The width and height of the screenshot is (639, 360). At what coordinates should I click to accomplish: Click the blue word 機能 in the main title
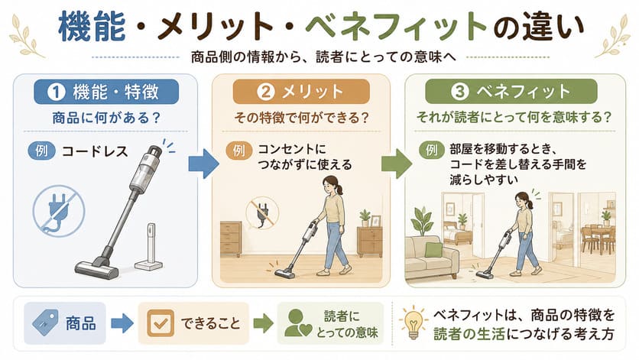click(x=92, y=27)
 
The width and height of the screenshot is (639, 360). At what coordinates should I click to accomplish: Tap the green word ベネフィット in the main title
click(x=396, y=27)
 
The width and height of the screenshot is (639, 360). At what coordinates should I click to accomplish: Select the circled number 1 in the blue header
click(x=57, y=92)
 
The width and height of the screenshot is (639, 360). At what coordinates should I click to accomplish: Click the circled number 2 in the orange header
click(x=266, y=92)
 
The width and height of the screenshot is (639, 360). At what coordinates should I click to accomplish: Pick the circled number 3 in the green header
click(x=459, y=91)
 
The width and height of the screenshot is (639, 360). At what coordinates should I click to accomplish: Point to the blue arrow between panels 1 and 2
click(x=203, y=164)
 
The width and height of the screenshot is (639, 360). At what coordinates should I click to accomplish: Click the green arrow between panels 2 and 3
click(x=397, y=164)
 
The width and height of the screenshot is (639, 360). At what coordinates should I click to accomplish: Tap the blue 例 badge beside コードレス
click(x=41, y=151)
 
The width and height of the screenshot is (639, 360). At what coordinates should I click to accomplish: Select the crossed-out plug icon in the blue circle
click(x=59, y=211)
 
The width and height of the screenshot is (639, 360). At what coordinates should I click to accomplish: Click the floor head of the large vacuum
click(x=97, y=267)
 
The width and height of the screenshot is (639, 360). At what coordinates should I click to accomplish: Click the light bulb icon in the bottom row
click(x=414, y=323)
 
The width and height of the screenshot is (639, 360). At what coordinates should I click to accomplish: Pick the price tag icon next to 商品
click(x=45, y=323)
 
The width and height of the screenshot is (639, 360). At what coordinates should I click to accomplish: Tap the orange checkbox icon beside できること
click(x=161, y=323)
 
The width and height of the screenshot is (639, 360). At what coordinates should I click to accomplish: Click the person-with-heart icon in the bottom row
click(x=298, y=323)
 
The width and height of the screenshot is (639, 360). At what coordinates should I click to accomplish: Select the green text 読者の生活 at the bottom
click(x=469, y=334)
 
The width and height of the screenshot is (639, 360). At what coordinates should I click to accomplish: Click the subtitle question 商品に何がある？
click(x=106, y=118)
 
